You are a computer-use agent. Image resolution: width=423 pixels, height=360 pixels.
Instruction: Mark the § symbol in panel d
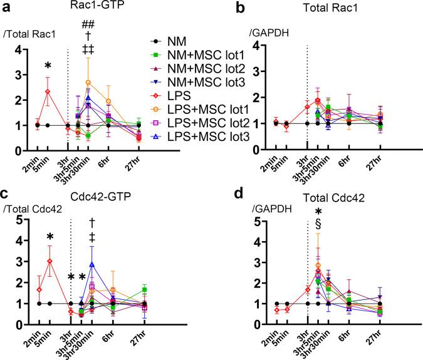pyautogui.click(x=318, y=224)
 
